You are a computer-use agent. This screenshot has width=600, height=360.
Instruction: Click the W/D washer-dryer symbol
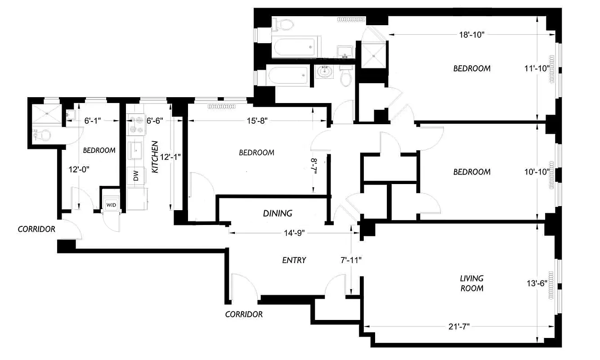pyautogui.click(x=111, y=205)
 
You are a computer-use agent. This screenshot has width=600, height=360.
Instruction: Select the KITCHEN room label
pyautogui.click(x=155, y=157)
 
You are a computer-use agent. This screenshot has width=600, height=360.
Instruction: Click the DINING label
pyautogui.click(x=278, y=213)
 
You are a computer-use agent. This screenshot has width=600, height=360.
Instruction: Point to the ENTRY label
pyautogui.click(x=294, y=260)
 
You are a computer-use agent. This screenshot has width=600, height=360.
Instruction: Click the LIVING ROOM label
pyautogui.click(x=471, y=283)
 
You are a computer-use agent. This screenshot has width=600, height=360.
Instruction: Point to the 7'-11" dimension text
pyautogui.click(x=351, y=260)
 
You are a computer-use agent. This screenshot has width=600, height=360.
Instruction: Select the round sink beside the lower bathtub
pyautogui.click(x=323, y=72)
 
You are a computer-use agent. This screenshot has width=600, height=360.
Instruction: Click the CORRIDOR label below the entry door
pyautogui.click(x=244, y=314)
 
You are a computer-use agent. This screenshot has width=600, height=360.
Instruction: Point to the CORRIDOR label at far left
pyautogui.click(x=36, y=229)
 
